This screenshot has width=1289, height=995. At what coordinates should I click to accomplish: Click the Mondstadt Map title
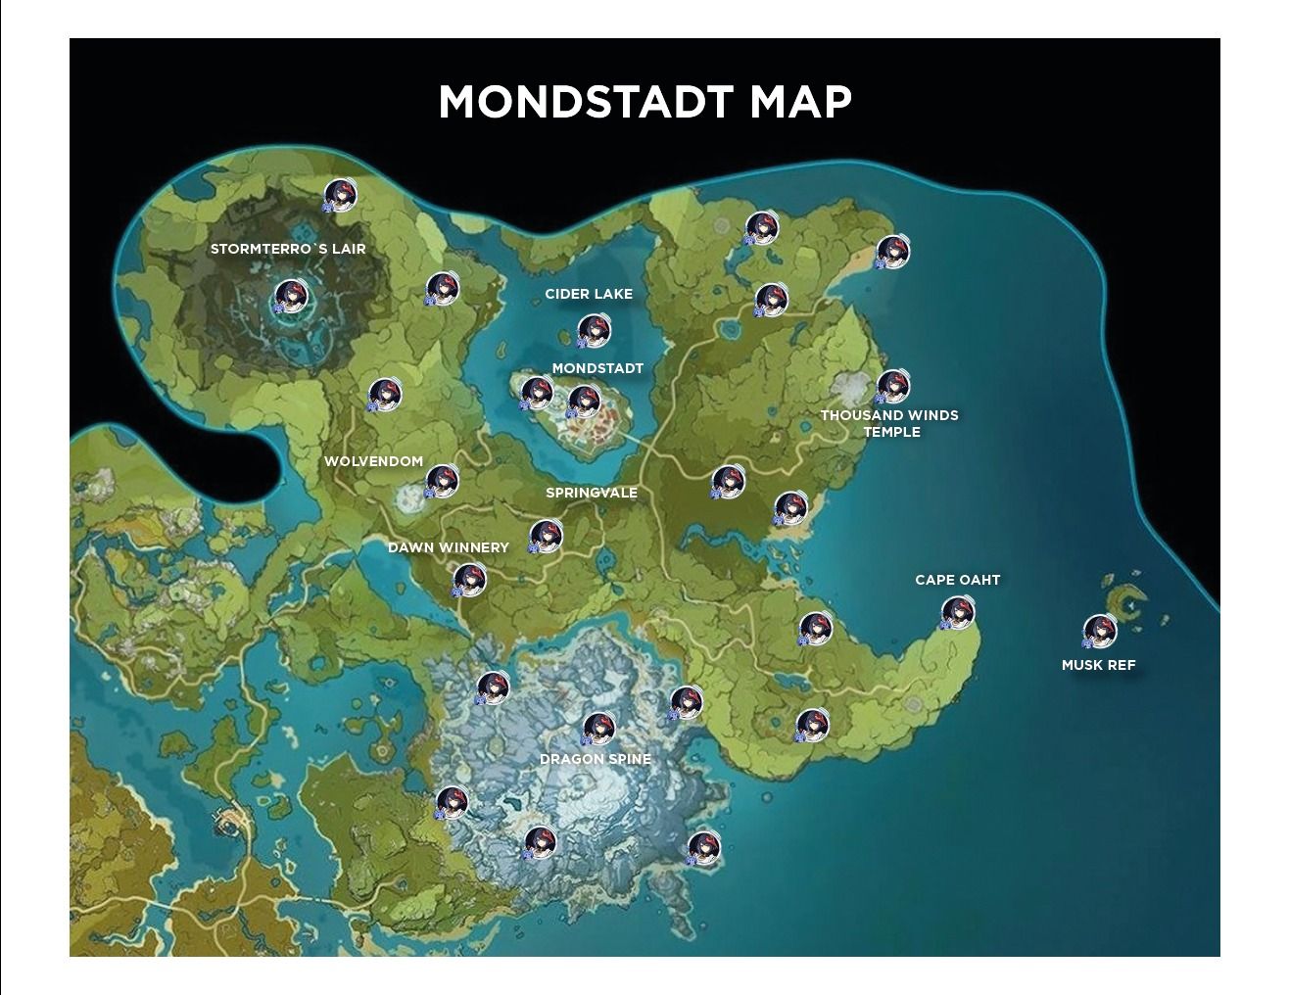click(644, 102)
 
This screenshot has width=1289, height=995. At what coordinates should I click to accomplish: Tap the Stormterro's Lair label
click(288, 249)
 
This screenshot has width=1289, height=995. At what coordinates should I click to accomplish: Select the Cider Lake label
click(589, 294)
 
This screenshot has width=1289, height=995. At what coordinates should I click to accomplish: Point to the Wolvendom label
click(373, 461)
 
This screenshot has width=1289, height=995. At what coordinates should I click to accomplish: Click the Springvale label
click(592, 493)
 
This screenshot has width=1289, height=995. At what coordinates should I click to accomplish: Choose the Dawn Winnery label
click(449, 547)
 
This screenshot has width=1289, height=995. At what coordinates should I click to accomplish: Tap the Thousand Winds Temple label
click(889, 423)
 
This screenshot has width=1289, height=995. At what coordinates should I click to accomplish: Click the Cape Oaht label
click(957, 580)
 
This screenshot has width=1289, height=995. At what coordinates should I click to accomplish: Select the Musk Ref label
click(1098, 665)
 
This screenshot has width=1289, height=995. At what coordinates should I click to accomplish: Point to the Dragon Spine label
click(596, 759)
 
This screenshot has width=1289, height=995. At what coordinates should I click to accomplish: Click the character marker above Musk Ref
click(1099, 632)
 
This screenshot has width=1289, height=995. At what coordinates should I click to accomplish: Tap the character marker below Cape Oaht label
click(958, 613)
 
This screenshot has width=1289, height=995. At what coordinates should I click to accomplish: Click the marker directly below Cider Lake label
click(594, 332)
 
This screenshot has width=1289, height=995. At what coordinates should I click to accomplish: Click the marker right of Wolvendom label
click(442, 480)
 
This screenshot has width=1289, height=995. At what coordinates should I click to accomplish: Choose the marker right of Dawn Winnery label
click(546, 536)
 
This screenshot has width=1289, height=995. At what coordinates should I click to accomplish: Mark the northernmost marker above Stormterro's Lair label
click(340, 194)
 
